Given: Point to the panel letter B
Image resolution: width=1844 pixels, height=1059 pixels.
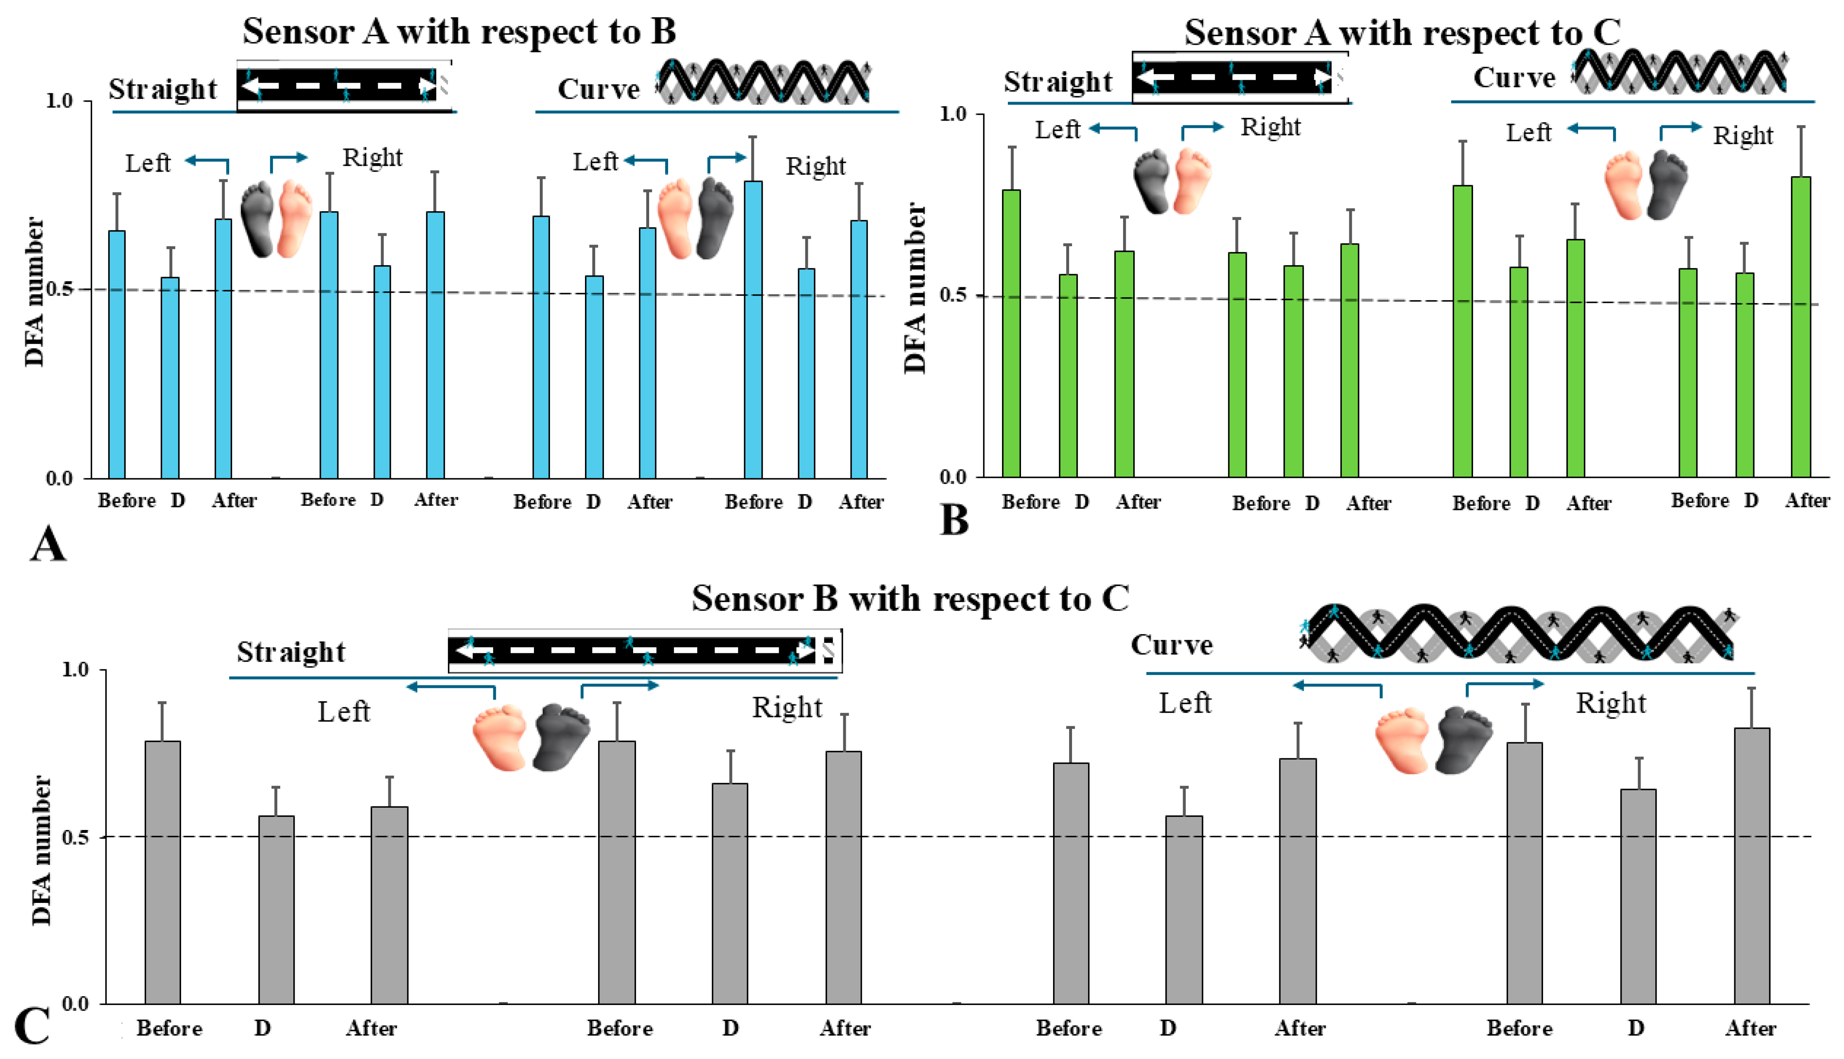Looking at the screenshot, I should (x=954, y=521).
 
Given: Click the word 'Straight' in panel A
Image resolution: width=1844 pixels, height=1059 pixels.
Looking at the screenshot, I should (x=163, y=89).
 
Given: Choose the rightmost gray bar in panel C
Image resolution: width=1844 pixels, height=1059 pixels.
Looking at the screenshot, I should (x=1752, y=865).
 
